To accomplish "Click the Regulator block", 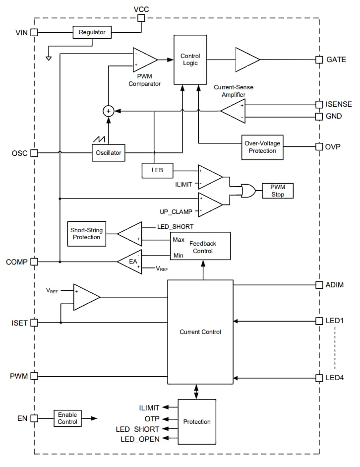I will (x=92, y=33).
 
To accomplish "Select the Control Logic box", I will (x=190, y=60).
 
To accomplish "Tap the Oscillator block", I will (x=108, y=153).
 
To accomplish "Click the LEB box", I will (x=158, y=171).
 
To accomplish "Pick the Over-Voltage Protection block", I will (x=262, y=147).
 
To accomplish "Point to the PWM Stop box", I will (x=278, y=191).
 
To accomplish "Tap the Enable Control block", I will (x=67, y=418).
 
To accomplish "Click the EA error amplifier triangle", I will (x=130, y=262).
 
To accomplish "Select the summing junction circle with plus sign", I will (x=108, y=111).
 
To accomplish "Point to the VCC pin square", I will (x=141, y=18).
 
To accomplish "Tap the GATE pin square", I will (x=319, y=60).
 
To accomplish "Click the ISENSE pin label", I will (x=339, y=105).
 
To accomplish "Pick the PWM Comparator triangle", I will (x=143, y=60).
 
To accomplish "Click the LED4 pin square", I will (x=319, y=378).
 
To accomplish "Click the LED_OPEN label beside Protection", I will (x=140, y=439).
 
